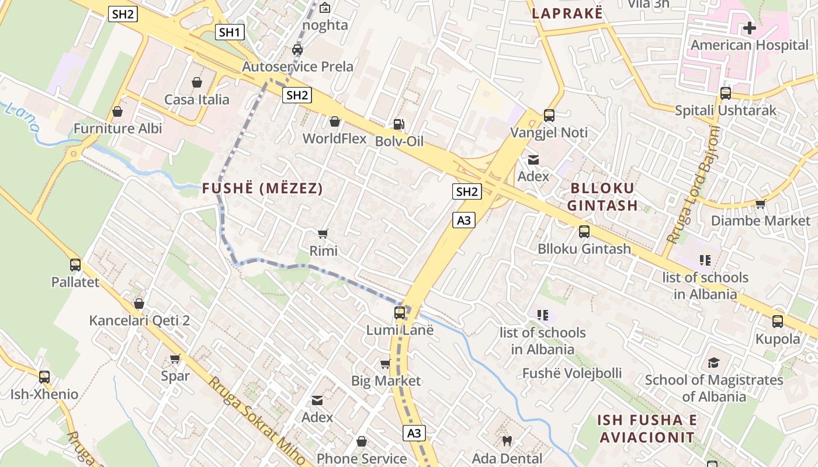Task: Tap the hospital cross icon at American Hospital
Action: coord(749,27)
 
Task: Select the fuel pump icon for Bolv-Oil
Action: coord(398,124)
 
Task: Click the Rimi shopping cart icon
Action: coord(323,234)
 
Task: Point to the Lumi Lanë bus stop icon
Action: coord(400,313)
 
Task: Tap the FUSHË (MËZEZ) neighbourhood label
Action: coord(262,189)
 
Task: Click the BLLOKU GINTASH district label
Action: coord(602,197)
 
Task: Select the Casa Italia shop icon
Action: coord(197,82)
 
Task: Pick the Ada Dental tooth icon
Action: coord(507,441)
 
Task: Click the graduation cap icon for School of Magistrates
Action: coord(713,363)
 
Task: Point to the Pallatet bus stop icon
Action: coord(75,265)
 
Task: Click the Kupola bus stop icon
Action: coord(778,322)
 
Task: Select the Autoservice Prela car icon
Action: coord(297,50)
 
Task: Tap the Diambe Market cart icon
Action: coord(760,204)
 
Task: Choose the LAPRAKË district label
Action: coord(567,13)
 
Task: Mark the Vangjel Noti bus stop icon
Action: coord(549,116)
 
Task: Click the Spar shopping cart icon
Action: coord(175,358)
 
